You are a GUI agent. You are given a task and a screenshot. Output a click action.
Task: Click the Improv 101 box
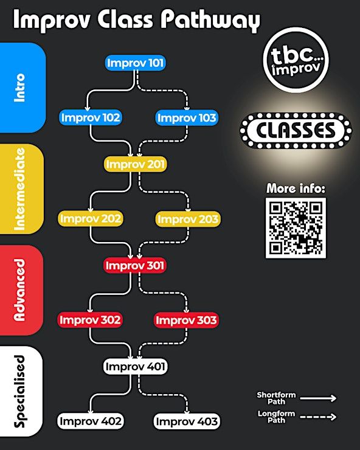(135, 63)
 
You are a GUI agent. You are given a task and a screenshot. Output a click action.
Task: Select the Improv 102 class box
(91, 117)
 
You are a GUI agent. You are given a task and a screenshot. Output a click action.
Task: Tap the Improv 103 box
(187, 118)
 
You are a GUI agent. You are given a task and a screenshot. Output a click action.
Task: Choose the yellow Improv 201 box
(135, 164)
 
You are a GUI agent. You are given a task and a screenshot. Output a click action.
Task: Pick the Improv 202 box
(91, 219)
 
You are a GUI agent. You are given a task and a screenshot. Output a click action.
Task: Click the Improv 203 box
(188, 220)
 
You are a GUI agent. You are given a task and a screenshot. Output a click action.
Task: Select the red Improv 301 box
(135, 266)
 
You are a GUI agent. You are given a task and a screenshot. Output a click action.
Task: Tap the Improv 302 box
(90, 320)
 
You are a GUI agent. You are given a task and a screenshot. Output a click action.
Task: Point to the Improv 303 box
(186, 320)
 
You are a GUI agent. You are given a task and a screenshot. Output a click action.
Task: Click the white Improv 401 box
(135, 367)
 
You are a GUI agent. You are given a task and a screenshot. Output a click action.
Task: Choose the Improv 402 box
(91, 421)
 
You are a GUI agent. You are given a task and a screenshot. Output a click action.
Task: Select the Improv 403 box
(187, 421)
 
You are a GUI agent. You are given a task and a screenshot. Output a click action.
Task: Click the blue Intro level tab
(22, 88)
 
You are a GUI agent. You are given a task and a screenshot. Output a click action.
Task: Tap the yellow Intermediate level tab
(22, 189)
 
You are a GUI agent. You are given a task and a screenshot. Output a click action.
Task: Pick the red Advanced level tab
(21, 290)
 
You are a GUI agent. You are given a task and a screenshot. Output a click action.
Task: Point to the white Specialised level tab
(21, 392)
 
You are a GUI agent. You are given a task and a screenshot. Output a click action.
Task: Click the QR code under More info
(296, 228)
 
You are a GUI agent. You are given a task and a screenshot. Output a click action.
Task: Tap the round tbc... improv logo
(296, 60)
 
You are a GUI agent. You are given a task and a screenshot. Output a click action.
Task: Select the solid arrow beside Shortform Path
(318, 398)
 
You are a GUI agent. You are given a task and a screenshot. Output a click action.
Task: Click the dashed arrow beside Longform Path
(318, 417)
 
